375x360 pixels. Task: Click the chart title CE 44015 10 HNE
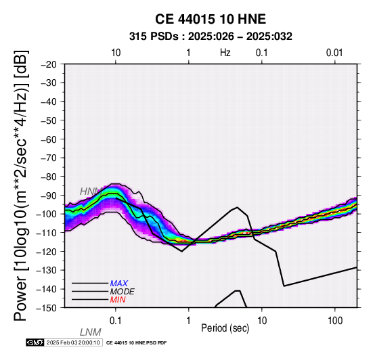click(211, 19)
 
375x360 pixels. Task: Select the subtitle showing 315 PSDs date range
click(211, 37)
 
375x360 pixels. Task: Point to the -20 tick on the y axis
click(49, 64)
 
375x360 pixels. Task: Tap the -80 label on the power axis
click(49, 177)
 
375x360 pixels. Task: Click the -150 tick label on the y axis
click(47, 308)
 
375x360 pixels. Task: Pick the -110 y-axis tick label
click(47, 233)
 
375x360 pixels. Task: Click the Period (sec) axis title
click(225, 328)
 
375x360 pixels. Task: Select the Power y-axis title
click(21, 185)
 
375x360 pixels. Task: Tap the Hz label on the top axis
click(225, 53)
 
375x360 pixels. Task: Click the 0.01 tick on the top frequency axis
click(334, 53)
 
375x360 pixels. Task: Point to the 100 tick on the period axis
click(335, 321)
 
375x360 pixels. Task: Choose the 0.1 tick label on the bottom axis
click(116, 321)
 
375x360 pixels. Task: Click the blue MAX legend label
click(119, 284)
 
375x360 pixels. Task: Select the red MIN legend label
click(118, 300)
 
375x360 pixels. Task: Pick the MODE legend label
click(123, 292)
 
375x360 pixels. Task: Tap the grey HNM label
click(91, 192)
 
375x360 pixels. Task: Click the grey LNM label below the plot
click(91, 332)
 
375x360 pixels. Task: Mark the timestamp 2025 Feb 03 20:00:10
click(73, 342)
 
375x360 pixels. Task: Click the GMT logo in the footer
click(35, 342)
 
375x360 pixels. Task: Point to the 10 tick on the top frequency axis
click(116, 53)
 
